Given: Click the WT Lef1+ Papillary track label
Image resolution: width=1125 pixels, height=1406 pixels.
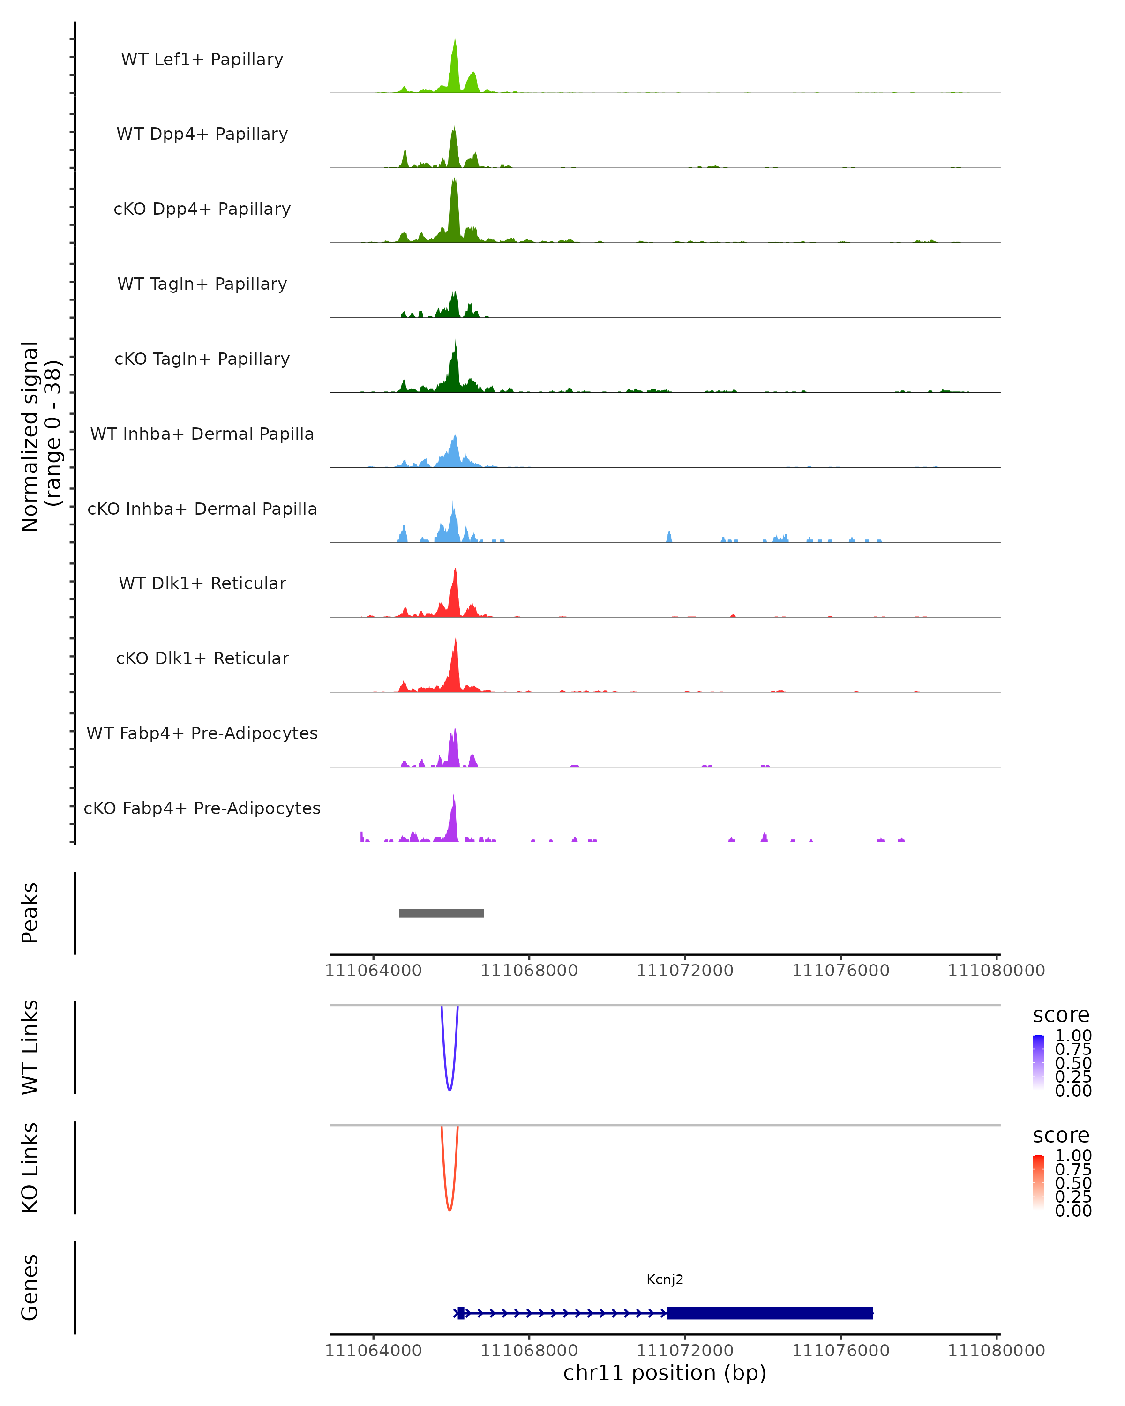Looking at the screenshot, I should coord(202,60).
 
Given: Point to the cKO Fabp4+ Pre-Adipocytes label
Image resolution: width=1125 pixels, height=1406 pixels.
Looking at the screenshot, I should coord(202,808).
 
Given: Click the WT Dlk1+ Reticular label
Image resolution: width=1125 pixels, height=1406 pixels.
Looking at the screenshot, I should coord(202,583).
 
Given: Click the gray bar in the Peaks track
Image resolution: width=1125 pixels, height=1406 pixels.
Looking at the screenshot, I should coord(442,913).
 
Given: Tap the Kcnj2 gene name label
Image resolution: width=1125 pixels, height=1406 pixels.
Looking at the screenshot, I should coord(665,1279).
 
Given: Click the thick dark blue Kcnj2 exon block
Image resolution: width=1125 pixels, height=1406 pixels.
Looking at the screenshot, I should coord(770,1313).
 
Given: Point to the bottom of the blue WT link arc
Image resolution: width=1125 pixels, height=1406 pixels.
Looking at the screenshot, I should coord(450,1089).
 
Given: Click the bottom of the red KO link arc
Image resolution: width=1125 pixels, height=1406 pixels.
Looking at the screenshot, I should coord(450,1209).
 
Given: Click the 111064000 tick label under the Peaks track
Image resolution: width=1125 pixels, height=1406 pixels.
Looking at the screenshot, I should coord(373,971).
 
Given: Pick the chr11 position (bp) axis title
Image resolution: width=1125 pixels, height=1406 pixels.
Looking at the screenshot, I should coord(665,1373).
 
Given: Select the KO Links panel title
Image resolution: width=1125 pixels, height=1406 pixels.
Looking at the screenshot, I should coord(30,1167).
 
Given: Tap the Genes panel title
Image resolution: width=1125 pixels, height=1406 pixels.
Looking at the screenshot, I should coord(30,1287).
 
